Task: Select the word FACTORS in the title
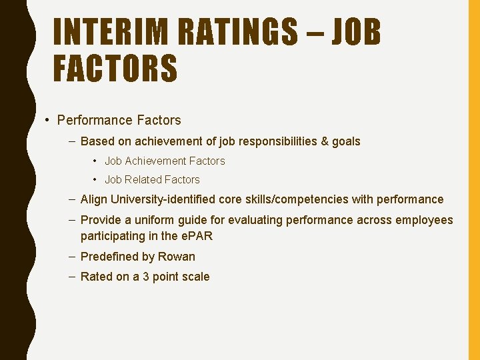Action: point(115,69)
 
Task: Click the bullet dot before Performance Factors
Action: point(47,121)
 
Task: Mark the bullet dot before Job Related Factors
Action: point(97,179)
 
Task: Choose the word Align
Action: point(93,199)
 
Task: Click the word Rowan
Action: point(177,257)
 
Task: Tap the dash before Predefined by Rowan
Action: point(71,257)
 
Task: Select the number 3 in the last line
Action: point(145,277)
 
